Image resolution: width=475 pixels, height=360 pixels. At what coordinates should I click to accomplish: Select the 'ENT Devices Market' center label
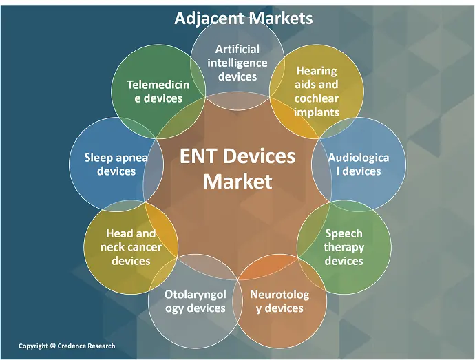click(x=237, y=169)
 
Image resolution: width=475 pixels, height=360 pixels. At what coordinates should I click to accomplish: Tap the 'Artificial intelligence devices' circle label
click(x=237, y=63)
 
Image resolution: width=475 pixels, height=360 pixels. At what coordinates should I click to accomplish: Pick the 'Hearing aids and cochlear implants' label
click(x=317, y=92)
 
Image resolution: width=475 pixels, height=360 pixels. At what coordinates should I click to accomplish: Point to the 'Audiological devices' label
click(x=358, y=164)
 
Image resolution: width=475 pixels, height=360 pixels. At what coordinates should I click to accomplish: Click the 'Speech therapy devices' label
click(x=344, y=246)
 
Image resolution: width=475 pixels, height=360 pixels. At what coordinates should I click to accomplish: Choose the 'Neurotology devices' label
click(x=279, y=301)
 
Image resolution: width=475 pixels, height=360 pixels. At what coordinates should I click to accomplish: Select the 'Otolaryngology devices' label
click(x=196, y=301)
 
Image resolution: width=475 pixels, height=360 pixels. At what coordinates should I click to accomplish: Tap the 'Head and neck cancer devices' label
click(x=131, y=247)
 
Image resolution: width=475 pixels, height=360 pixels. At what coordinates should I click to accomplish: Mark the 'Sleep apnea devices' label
click(x=116, y=164)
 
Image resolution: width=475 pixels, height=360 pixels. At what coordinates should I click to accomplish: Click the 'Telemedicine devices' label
click(x=158, y=91)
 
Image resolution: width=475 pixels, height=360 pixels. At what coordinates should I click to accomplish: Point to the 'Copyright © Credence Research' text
click(x=67, y=346)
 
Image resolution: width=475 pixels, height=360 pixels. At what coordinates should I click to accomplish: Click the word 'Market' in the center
click(x=237, y=182)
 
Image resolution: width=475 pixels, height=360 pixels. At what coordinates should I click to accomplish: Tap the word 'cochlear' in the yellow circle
click(x=317, y=98)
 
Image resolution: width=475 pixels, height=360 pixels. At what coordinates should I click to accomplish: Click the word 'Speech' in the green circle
click(x=344, y=233)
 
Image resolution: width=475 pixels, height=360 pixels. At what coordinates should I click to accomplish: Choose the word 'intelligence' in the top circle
click(x=237, y=63)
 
